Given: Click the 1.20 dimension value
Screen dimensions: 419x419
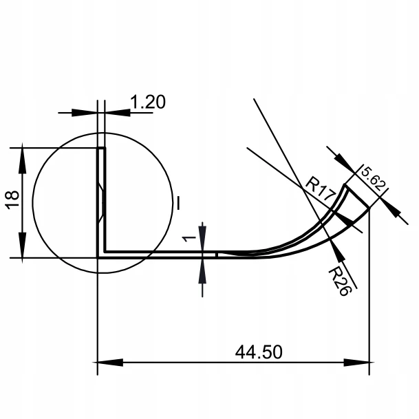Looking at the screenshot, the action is (148, 102).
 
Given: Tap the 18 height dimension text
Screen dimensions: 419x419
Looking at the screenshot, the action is (12, 200).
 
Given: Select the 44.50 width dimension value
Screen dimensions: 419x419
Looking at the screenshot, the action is (259, 352).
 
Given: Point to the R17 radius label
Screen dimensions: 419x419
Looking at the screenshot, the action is (321, 189).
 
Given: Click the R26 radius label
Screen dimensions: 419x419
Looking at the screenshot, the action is (339, 281).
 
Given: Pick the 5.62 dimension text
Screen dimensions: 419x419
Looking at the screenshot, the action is (374, 178).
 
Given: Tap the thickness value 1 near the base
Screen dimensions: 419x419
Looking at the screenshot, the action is (189, 238).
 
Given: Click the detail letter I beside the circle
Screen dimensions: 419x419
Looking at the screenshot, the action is (178, 203).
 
